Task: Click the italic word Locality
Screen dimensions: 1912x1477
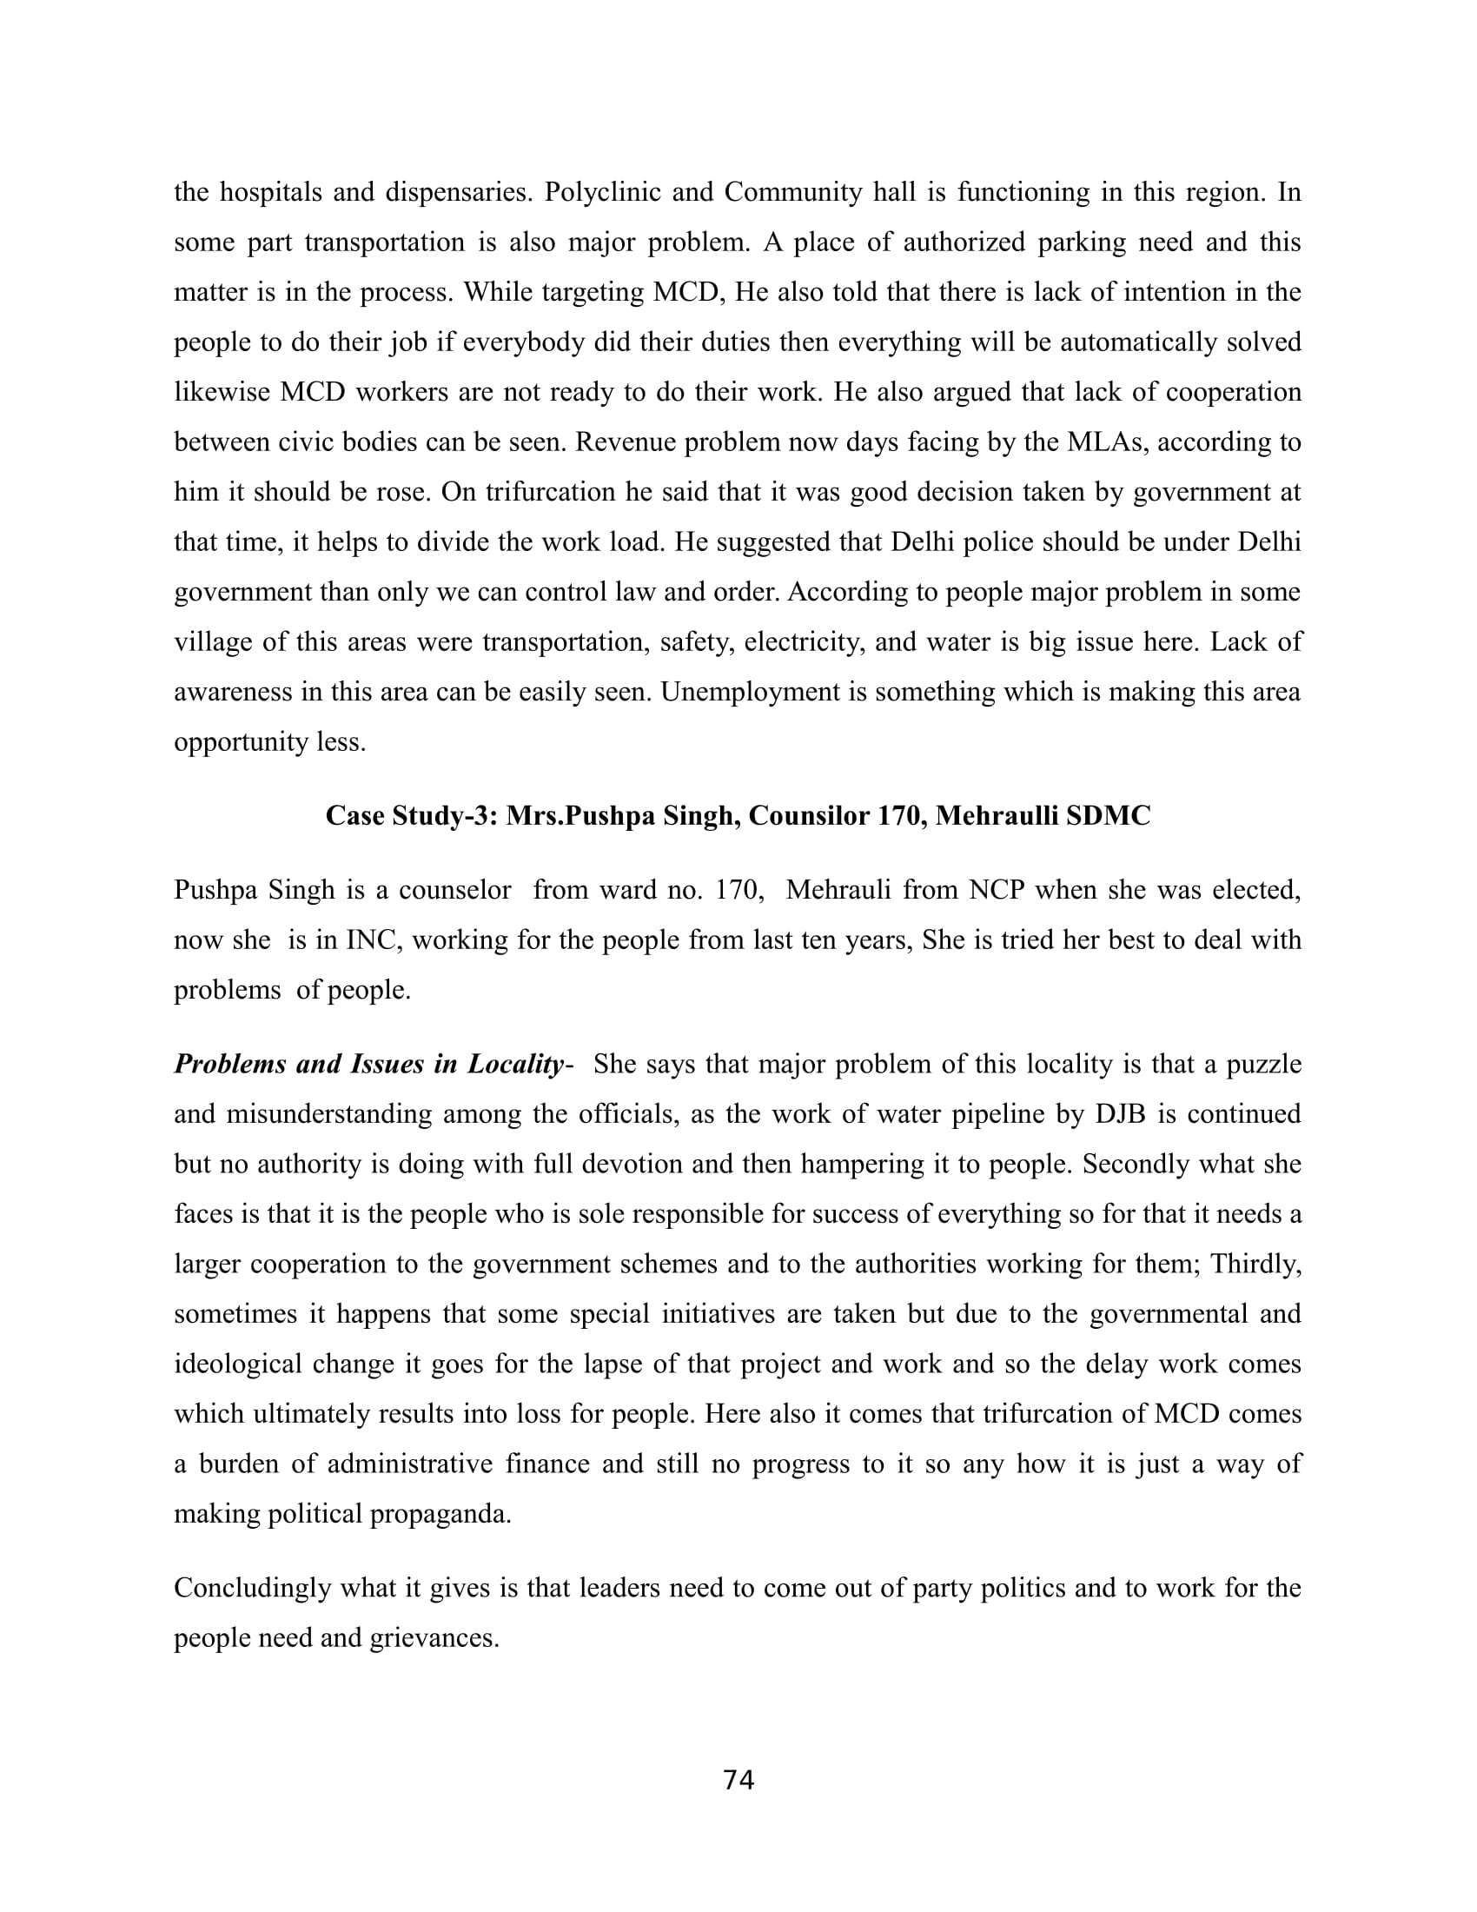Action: pyautogui.click(x=515, y=1065)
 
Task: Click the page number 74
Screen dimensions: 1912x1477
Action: pyautogui.click(x=738, y=1781)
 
